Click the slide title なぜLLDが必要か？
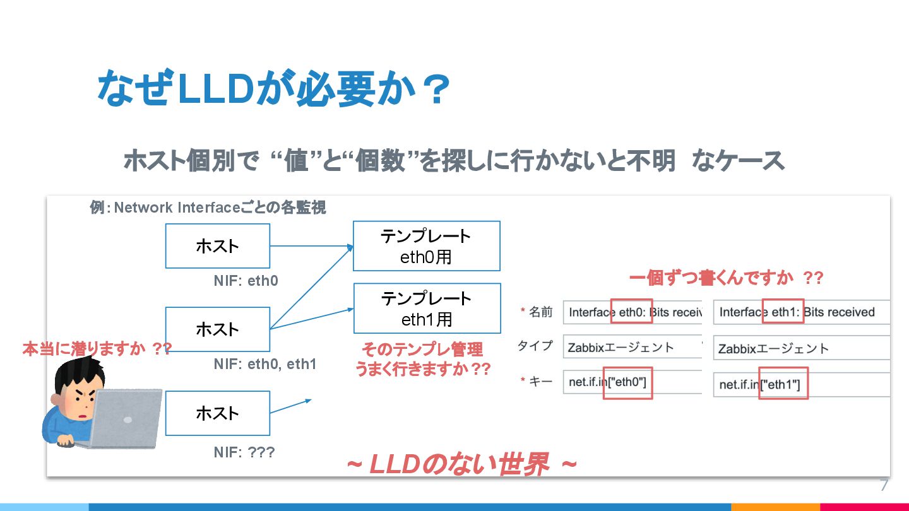point(273,90)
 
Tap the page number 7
point(884,485)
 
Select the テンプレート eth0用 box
point(427,245)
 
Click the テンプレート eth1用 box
point(427,308)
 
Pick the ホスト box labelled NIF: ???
point(217,413)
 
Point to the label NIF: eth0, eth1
point(264,364)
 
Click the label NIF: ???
point(244,452)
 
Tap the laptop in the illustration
point(127,418)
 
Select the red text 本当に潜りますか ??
point(97,349)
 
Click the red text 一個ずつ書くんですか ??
point(726,278)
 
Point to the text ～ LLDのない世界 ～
point(461,466)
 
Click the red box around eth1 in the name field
point(783,312)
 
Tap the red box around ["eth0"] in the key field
point(627,382)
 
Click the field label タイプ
point(535,346)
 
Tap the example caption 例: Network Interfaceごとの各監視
point(208,208)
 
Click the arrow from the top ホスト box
point(311,246)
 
